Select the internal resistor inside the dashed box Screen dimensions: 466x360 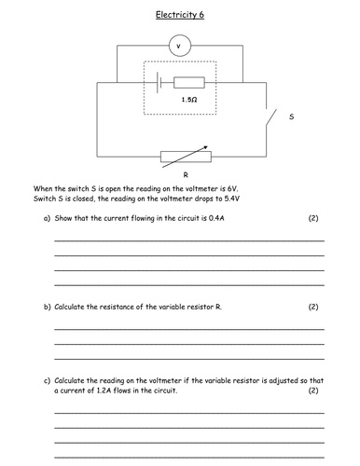point(189,82)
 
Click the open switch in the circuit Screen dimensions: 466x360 point(271,118)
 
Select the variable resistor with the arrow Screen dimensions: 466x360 point(179,156)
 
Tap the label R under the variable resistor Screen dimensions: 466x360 point(179,173)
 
